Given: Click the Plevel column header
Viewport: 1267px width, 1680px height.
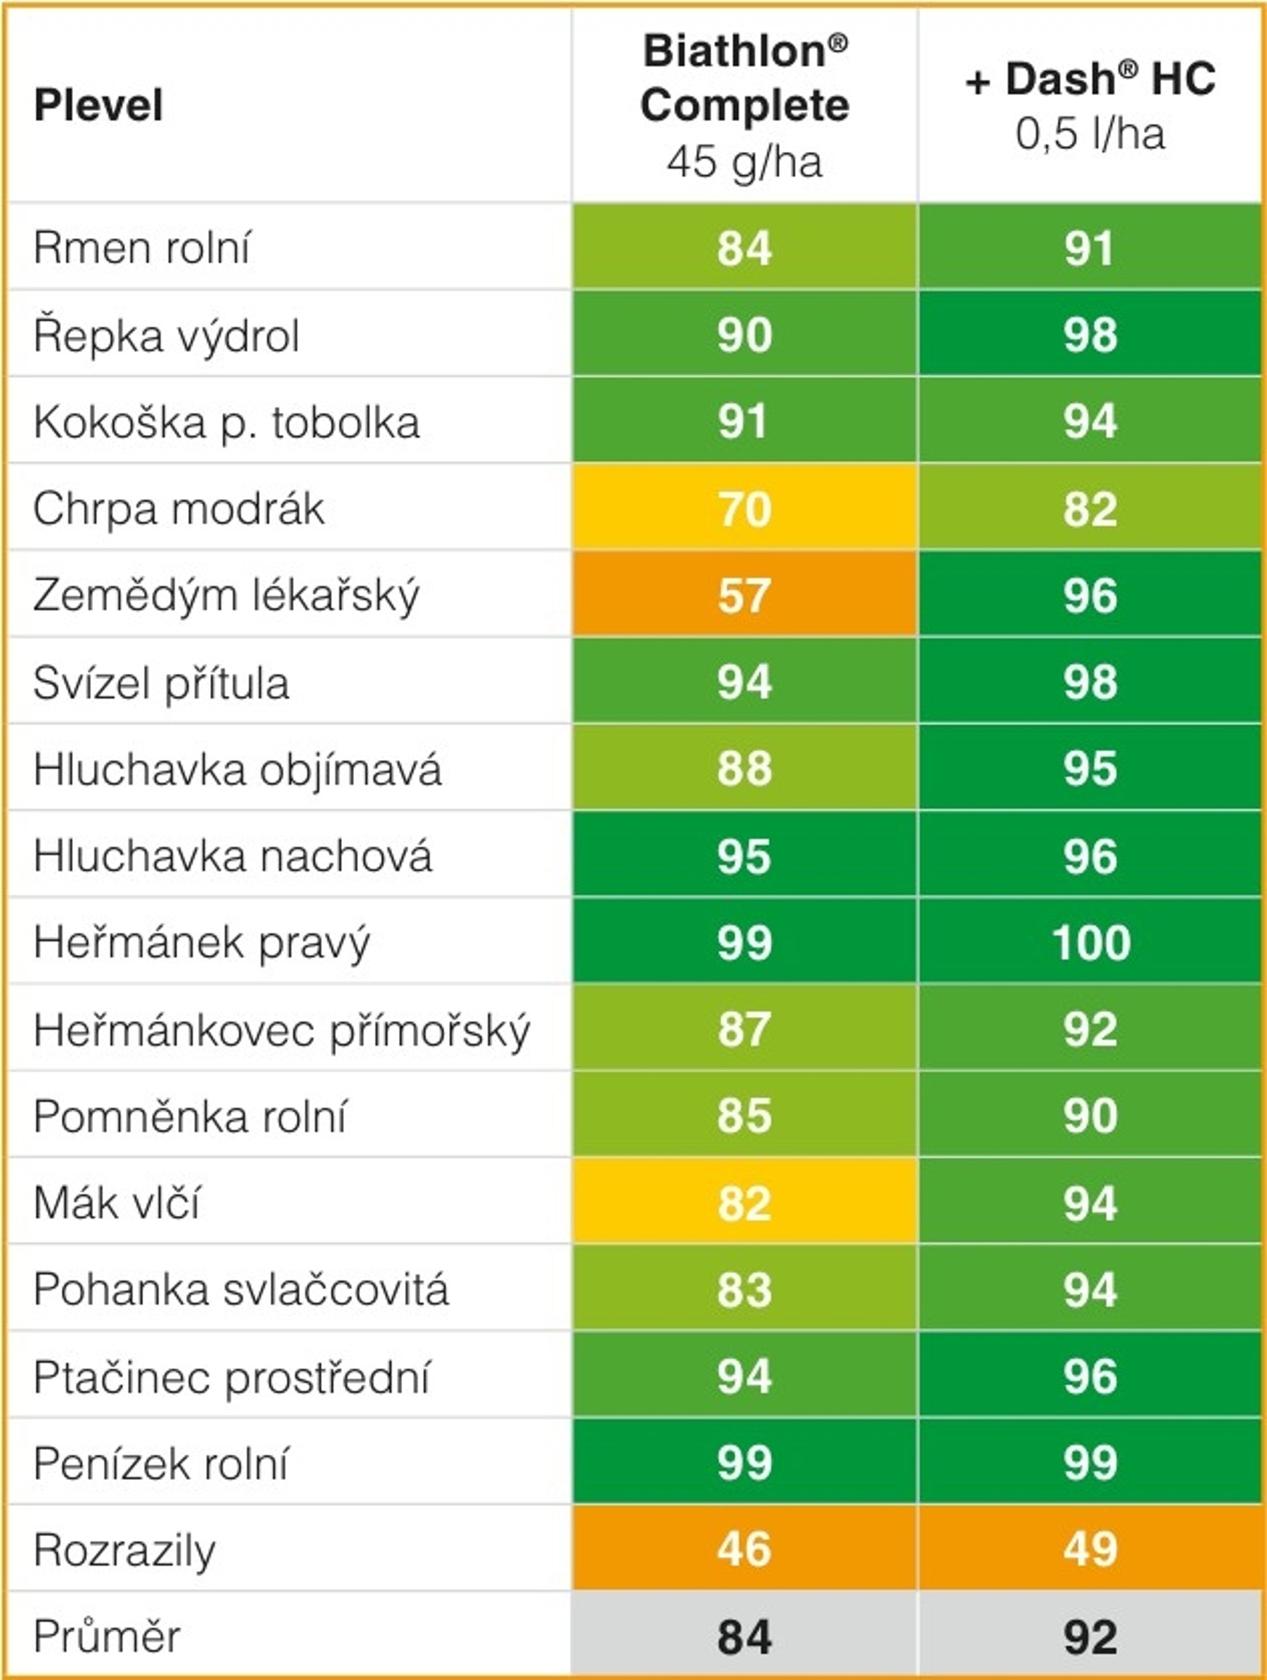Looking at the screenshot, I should (98, 105).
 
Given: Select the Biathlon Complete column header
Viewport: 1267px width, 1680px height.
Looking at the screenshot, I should (744, 79).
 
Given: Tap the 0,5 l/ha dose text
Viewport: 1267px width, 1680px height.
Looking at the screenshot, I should (1090, 134).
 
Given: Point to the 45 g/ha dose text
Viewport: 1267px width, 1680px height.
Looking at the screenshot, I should (744, 161).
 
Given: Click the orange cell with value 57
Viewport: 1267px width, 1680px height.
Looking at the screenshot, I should (744, 595).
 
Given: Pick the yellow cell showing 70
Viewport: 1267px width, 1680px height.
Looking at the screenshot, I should (744, 508).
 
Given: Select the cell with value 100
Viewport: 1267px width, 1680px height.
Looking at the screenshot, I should (1091, 942).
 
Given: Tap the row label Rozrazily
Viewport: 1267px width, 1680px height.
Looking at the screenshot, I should (125, 1550).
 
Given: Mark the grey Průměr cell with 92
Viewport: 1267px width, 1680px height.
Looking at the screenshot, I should (1091, 1638).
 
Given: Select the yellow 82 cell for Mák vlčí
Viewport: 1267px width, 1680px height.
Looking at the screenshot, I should (744, 1203).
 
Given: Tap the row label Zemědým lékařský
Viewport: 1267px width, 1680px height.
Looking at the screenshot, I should (226, 595).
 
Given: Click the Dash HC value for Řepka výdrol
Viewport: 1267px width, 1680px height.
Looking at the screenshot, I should (1091, 334).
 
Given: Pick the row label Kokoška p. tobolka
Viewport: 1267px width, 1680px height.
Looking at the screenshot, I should (226, 422).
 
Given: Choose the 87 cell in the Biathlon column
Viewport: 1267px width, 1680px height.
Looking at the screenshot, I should (744, 1029).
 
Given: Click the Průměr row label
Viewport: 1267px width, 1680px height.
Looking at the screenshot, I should (106, 1637).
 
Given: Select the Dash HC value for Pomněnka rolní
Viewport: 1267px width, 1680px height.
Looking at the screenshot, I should (1091, 1116).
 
